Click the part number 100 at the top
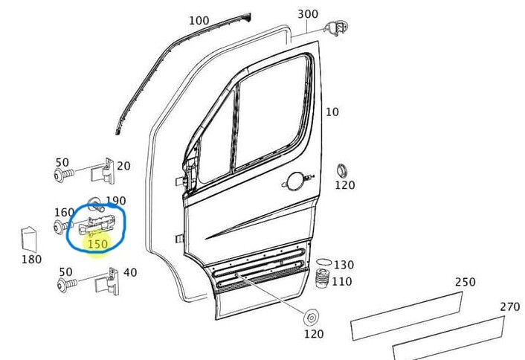click(x=199, y=20)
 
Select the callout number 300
click(x=308, y=13)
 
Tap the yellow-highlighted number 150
click(x=97, y=243)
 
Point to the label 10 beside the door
click(x=332, y=112)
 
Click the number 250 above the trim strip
click(x=465, y=283)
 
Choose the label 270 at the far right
click(x=509, y=306)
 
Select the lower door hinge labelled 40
click(x=109, y=281)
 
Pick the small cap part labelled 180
click(x=30, y=239)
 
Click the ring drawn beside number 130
click(x=323, y=263)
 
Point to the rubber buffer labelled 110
click(x=323, y=281)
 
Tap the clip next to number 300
click(x=335, y=28)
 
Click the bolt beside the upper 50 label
click(x=61, y=176)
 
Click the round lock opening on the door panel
click(x=295, y=181)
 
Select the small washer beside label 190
click(x=95, y=202)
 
